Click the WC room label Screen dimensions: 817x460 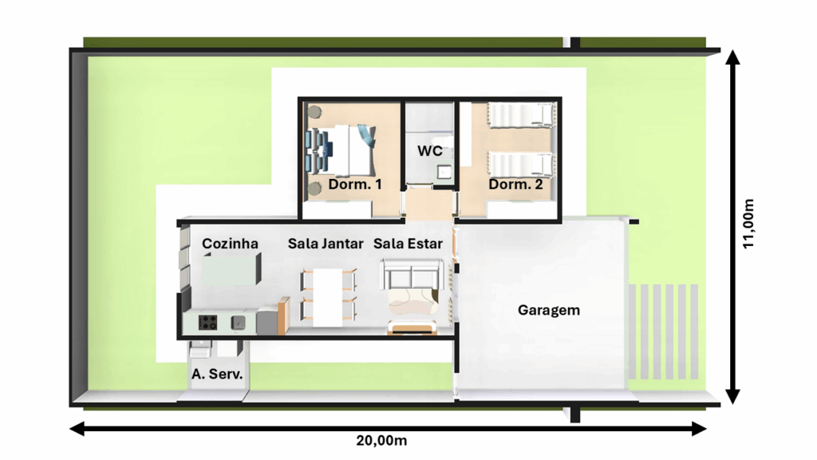click(x=430, y=151)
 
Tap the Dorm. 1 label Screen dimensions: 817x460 click(x=355, y=184)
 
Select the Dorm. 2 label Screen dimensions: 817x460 click(x=515, y=184)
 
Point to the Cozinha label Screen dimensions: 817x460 click(x=230, y=244)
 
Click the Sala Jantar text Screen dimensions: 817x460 click(x=326, y=244)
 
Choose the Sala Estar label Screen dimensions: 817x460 click(x=408, y=244)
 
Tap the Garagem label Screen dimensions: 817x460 click(x=549, y=311)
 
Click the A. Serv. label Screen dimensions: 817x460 click(x=217, y=374)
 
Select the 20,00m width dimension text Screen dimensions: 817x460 click(x=381, y=441)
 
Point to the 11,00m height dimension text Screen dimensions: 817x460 click(x=748, y=224)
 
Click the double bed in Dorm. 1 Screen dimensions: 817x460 click(x=344, y=150)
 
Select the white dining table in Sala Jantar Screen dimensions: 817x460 click(x=328, y=297)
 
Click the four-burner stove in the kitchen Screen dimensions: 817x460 click(x=207, y=323)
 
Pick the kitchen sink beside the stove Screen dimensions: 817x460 click(x=238, y=323)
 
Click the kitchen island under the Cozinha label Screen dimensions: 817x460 click(x=231, y=269)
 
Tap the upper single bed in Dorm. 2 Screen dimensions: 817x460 click(x=520, y=115)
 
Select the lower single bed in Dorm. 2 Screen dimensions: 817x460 click(x=520, y=164)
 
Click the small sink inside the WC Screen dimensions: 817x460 click(x=444, y=172)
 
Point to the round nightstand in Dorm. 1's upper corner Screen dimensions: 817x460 click(x=314, y=112)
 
